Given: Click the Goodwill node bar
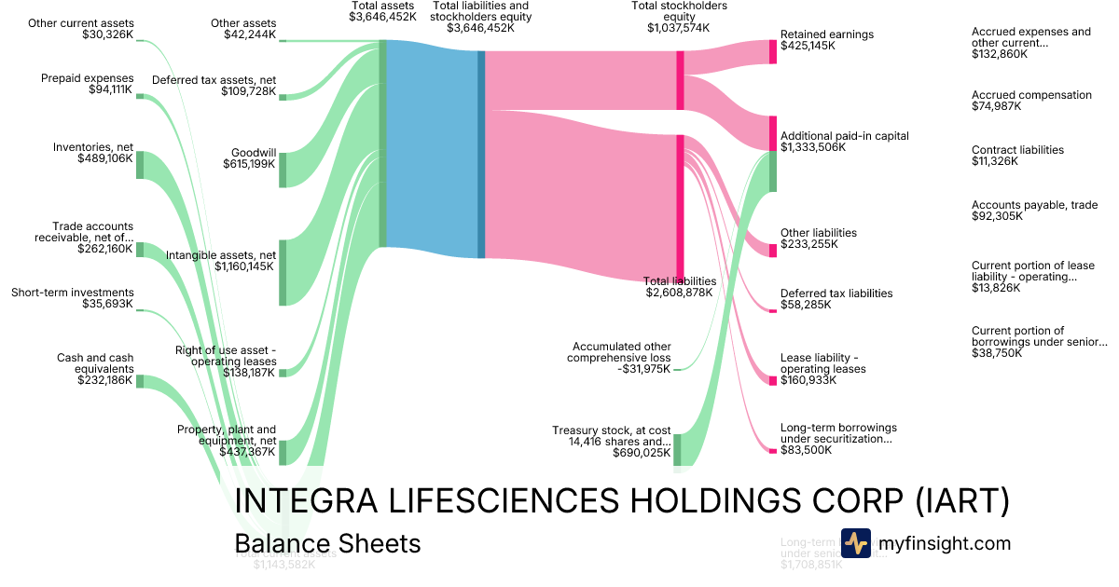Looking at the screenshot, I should [283, 170].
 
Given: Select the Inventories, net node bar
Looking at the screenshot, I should [140, 165].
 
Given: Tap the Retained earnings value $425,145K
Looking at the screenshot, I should [808, 46].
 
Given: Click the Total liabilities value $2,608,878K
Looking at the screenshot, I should [679, 293].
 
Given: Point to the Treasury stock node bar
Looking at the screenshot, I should [677, 449].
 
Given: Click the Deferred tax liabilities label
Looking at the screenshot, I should [836, 293].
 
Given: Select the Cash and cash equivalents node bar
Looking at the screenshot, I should [140, 381].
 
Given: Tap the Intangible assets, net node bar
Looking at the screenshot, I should [283, 272].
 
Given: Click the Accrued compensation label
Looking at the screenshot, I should [1030, 95].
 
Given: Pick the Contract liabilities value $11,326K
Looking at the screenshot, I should [994, 161].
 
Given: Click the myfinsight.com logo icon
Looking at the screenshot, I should [855, 543].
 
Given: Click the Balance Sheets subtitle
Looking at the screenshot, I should [327, 543].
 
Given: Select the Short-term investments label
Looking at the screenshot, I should [73, 293].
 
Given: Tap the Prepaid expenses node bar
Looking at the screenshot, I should [140, 96].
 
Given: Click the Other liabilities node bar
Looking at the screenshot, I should [772, 250].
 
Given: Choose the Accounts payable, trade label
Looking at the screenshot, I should [1034, 205].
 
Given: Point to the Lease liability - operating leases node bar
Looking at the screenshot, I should [772, 379].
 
